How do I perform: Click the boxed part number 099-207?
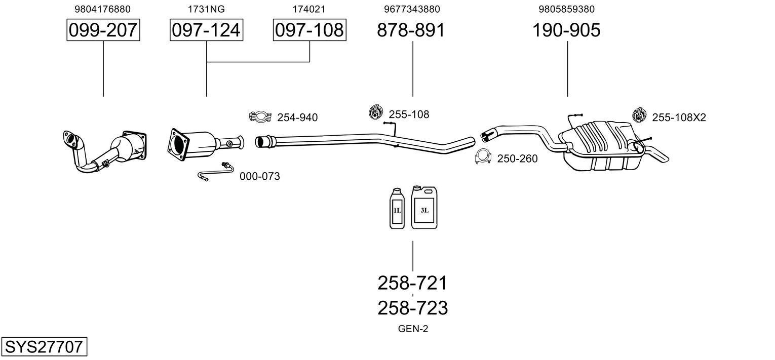coord(103,30)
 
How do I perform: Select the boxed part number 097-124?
coord(206,30)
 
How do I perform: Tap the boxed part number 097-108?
coord(309,30)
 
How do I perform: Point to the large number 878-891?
coord(411,30)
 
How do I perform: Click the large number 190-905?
coord(566,30)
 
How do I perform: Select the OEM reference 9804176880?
coord(102,9)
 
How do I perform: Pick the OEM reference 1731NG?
coord(206,9)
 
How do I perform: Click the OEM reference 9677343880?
coord(412,9)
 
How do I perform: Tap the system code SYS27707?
coord(44,346)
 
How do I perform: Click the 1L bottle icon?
coord(397,208)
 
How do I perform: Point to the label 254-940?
coord(297,117)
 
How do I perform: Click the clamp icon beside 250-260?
coord(483,156)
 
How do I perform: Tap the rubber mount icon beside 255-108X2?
coord(639,115)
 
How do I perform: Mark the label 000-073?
coord(259,176)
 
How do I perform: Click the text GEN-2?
coord(413,329)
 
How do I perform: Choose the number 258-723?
coord(412,308)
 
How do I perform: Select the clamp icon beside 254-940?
coord(260,116)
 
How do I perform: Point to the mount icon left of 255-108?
coord(375,112)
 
